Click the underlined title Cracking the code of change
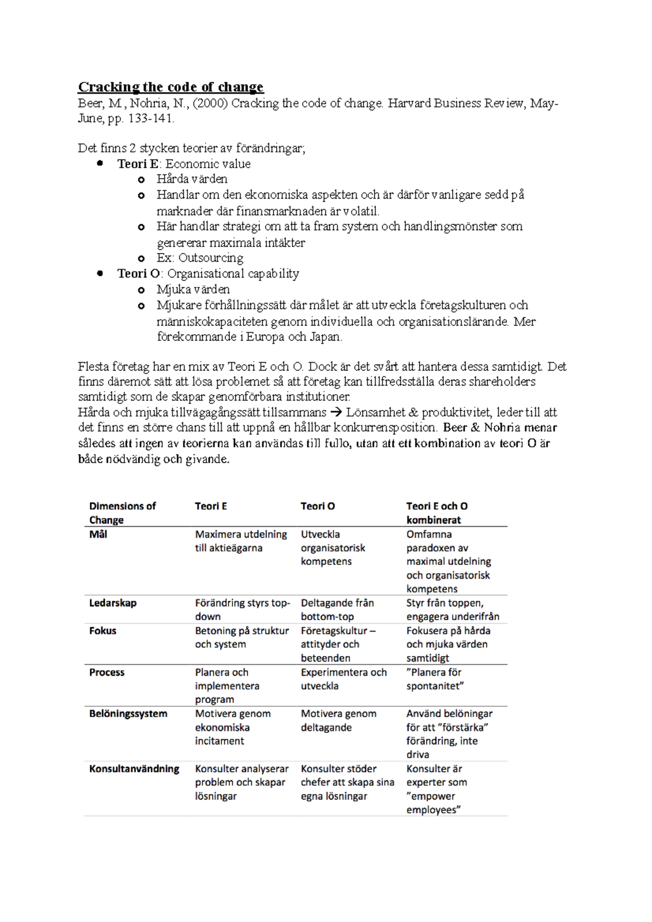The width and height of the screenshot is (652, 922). pos(171,87)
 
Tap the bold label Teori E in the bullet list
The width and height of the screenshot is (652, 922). pos(138,164)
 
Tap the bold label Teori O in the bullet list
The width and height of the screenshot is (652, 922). pos(139,274)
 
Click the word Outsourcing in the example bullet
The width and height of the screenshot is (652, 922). pos(211,258)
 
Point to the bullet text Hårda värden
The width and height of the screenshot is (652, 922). pos(192,179)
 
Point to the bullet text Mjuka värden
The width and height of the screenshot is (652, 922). pos(193,289)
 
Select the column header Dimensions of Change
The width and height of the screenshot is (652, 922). pos(122,513)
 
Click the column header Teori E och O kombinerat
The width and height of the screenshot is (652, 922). pos(436,513)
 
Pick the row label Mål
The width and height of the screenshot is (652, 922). pos(98,534)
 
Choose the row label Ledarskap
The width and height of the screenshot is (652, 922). pos(113,603)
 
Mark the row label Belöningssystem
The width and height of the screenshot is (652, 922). pos(128,713)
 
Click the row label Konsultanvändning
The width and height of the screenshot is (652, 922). pos(134,769)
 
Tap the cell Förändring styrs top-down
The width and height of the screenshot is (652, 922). pos(242,609)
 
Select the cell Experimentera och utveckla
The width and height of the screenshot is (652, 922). pos(343,679)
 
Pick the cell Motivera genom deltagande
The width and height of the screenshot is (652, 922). pos(338,720)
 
